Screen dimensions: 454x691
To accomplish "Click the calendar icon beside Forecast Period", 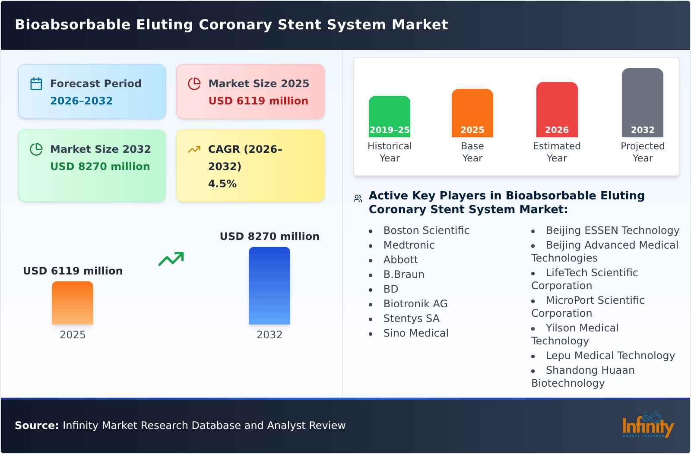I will [36, 84].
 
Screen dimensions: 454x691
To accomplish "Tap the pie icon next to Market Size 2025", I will [194, 84].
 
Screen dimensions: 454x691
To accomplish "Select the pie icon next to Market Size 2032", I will [36, 149].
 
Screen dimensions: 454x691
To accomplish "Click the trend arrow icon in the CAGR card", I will [194, 149].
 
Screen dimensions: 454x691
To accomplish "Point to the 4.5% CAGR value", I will [222, 184].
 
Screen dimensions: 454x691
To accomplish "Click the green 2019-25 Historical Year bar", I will [389, 117].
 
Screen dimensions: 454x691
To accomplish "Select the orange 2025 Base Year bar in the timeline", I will [472, 113].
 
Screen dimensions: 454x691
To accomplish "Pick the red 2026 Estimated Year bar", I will [557, 110].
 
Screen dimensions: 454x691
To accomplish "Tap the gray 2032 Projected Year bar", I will [642, 103].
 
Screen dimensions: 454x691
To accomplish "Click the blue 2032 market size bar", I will [269, 286].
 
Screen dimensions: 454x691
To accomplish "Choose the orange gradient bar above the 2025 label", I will [73, 303].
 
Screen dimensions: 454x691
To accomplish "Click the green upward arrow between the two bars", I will [171, 259].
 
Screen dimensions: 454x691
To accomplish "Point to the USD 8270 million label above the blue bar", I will [269, 236].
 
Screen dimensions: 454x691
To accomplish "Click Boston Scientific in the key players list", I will [426, 230].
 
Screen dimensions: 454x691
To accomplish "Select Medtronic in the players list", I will [409, 245].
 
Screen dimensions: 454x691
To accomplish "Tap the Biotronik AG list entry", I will [415, 304].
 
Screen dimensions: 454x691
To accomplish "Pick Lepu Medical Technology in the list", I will [610, 356].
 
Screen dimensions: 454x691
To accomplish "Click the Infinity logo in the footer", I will [648, 425].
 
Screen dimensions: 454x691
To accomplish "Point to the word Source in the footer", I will [36, 426].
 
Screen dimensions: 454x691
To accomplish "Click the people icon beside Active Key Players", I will [358, 199].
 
